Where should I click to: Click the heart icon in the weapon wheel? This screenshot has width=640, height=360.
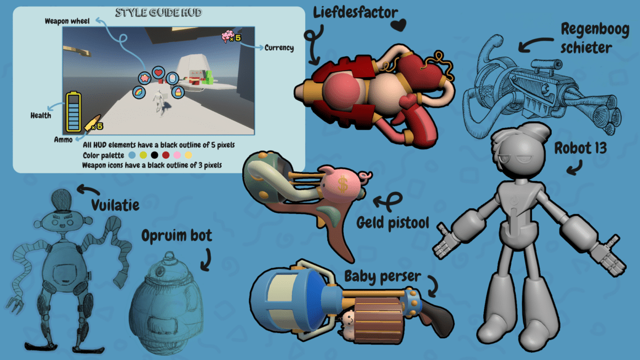pos(158,73)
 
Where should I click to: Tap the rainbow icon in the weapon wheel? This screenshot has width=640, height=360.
pos(140,92)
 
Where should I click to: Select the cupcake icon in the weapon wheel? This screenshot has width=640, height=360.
pos(178,92)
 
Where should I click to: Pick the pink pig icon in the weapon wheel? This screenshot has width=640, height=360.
pos(145,78)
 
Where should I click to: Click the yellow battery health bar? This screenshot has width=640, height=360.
pos(73,112)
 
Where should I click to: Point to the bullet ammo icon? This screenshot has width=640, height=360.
pos(91,122)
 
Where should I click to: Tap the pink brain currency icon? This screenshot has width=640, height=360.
pos(227,36)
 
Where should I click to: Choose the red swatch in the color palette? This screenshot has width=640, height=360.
pos(166,155)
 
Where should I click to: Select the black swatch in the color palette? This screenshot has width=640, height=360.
pos(154,155)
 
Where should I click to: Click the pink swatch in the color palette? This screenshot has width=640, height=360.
pos(177,155)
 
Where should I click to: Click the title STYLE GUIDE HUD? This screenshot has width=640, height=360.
pos(159,13)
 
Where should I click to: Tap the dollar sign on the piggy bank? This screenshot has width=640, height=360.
pos(343,184)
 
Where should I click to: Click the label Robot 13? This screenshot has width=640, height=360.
pos(580,148)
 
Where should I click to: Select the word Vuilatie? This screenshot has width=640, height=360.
pos(115,205)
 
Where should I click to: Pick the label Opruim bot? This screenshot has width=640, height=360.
pos(177,235)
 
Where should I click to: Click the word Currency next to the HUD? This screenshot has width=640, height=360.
pos(279,48)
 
